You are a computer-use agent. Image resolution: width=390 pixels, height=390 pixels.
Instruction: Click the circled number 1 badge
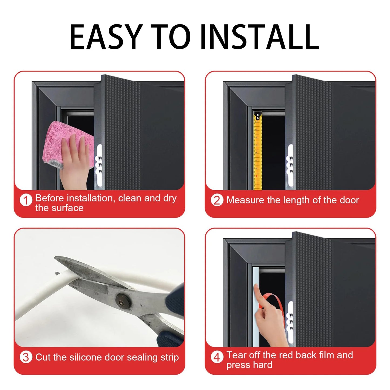[26, 200]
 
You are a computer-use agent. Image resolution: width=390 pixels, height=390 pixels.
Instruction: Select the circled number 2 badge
[217, 200]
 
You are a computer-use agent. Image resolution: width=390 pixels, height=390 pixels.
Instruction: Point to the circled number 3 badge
[26, 357]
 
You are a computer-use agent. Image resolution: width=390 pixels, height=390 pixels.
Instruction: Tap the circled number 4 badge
[217, 357]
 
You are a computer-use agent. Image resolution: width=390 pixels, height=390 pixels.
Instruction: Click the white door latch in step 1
[99, 165]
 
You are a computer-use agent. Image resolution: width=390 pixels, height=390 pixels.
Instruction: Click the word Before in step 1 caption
[50, 198]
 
